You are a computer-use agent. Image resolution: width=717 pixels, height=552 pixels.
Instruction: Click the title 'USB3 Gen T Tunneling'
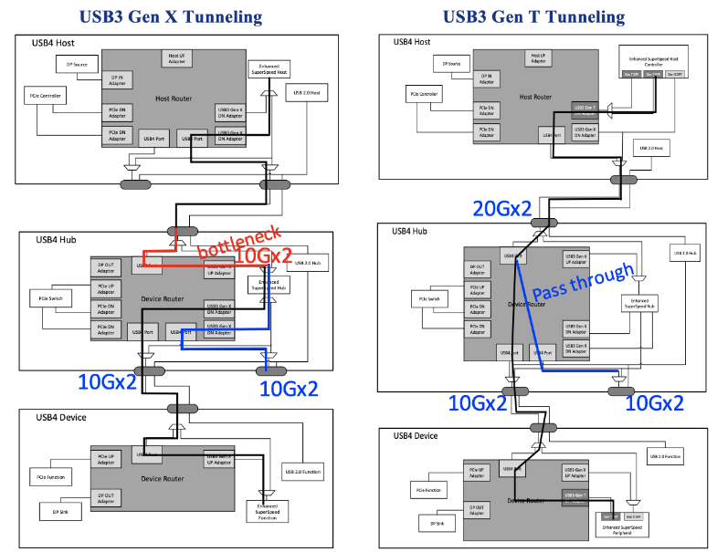coord(534,16)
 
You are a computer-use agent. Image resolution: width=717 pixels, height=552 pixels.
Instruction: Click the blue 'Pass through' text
coord(583,282)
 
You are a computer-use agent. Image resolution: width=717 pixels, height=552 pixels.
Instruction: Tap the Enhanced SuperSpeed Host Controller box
coord(650,58)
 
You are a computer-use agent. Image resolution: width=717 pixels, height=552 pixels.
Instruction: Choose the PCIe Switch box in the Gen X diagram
coord(51,297)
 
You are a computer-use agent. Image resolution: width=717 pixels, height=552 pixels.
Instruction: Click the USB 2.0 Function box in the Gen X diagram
coord(302,472)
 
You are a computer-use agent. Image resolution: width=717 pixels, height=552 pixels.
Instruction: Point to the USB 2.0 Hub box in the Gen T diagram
coord(686,253)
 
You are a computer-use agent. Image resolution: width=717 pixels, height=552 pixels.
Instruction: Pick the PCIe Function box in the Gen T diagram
coord(429,490)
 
